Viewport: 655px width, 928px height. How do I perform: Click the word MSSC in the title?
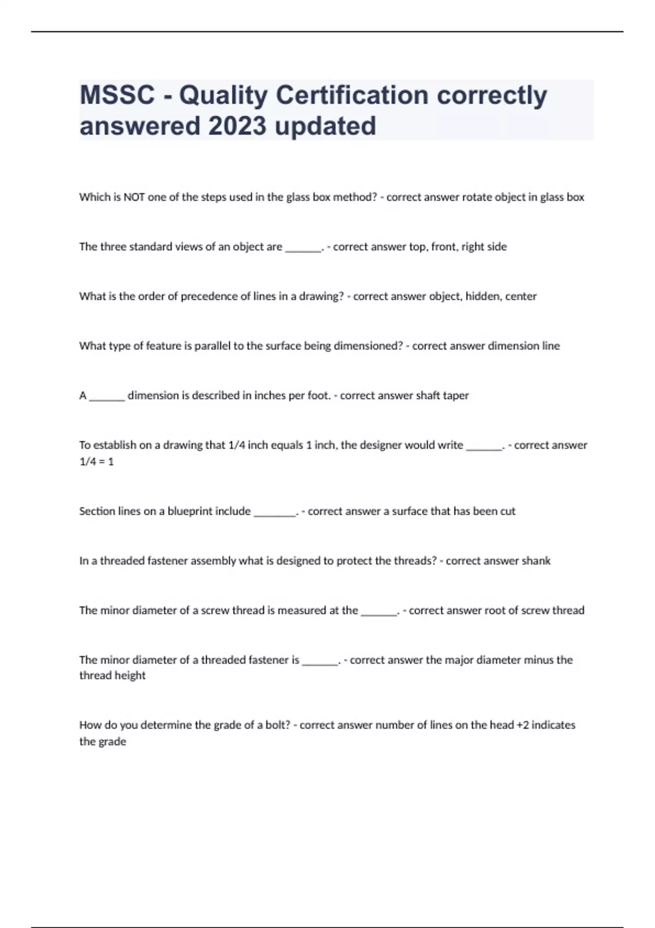point(117,96)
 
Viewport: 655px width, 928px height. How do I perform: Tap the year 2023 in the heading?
point(237,126)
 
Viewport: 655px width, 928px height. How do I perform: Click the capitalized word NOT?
point(134,198)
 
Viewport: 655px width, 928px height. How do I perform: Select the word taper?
point(456,396)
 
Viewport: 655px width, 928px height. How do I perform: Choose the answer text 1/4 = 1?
point(97,462)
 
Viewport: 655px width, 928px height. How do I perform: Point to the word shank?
point(536,561)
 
